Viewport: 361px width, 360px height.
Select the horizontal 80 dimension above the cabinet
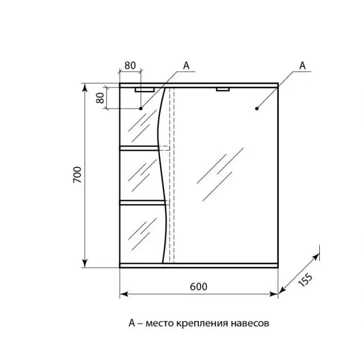[130, 65]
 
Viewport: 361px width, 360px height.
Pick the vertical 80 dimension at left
[100, 97]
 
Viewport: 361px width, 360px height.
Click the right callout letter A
[302, 65]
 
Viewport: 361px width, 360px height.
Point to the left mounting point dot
[141, 108]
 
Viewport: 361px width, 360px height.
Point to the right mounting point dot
[256, 108]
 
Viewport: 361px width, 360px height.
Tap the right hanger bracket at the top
[223, 88]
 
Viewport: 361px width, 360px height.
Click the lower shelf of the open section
[141, 201]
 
